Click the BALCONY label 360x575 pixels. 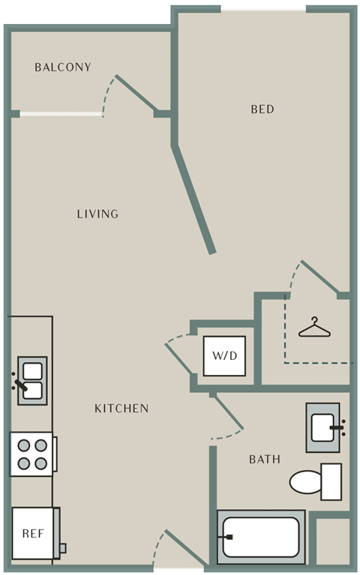(x=63, y=67)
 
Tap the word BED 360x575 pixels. (x=262, y=109)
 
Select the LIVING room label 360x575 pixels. (x=97, y=214)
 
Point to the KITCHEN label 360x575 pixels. (x=121, y=408)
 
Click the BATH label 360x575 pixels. (x=265, y=459)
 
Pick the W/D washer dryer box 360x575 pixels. (x=224, y=355)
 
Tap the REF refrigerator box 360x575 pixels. (x=33, y=533)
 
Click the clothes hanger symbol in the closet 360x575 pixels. (x=314, y=328)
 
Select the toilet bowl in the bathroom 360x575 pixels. (x=305, y=482)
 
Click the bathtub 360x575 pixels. (x=261, y=538)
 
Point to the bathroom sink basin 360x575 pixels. (x=322, y=427)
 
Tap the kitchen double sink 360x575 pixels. (x=32, y=381)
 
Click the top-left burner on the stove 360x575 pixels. (x=24, y=445)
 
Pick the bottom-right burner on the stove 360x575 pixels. (x=40, y=463)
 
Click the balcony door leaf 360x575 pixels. (x=137, y=93)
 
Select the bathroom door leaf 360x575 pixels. (x=228, y=412)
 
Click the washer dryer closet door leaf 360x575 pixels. (x=178, y=359)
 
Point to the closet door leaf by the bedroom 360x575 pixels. (x=320, y=277)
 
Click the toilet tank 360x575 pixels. (x=331, y=481)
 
